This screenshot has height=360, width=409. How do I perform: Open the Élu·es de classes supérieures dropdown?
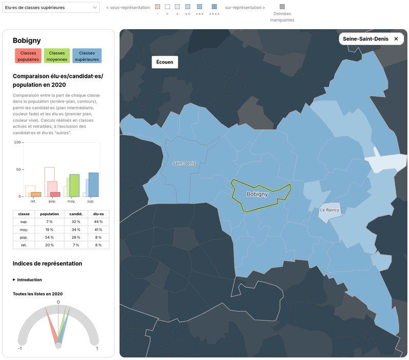[x=51, y=8]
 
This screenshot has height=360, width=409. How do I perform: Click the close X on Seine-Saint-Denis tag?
[x=396, y=39]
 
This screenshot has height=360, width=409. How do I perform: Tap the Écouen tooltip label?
[x=165, y=62]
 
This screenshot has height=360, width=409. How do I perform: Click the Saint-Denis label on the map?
[x=184, y=163]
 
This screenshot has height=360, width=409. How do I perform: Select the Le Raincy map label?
[x=330, y=210]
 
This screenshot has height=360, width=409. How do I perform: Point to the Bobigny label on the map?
[x=257, y=194]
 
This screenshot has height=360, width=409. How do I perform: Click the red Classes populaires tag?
[x=28, y=56]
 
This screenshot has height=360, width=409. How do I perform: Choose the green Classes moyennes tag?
[x=57, y=56]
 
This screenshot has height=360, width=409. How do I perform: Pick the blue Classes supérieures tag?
[x=87, y=56]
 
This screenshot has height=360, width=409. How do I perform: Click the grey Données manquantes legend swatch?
[x=282, y=7]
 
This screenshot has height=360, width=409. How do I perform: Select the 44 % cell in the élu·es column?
[x=98, y=222]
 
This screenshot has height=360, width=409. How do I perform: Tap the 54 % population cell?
[x=49, y=237]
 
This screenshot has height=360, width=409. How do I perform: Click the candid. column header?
[x=76, y=214]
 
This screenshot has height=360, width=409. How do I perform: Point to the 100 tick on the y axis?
[x=17, y=142]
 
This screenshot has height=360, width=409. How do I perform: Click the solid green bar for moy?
[x=74, y=186]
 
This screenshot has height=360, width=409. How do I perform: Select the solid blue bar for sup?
[x=94, y=185]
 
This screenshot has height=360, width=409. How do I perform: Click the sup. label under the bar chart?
[x=91, y=201]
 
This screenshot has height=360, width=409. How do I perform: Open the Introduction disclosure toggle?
[x=28, y=280]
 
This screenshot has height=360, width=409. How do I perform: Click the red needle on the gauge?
[x=51, y=325]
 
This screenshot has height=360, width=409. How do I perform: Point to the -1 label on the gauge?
[x=20, y=349]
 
